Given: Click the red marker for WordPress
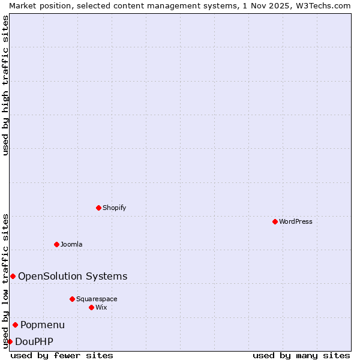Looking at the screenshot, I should (275, 221).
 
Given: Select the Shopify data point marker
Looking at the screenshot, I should (98, 208).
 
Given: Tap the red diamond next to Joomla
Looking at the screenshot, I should (56, 244).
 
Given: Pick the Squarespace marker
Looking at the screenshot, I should (72, 299).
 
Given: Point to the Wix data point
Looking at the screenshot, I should (91, 307).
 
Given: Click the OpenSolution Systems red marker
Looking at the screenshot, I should (13, 276).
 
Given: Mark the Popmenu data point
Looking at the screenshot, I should (15, 325).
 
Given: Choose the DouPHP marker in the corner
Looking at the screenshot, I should (10, 341).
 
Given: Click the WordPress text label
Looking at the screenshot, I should (296, 221).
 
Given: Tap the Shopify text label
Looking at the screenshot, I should (114, 208).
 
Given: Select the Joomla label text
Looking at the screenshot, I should (71, 244).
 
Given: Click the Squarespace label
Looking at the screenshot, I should (97, 299).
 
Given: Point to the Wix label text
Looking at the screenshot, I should (101, 307).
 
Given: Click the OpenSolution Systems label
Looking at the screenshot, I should (73, 276).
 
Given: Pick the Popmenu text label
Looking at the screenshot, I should (43, 325).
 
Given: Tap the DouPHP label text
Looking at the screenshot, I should (34, 341).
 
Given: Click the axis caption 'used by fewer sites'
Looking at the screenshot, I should (62, 355).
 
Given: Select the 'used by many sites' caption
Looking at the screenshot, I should (301, 355).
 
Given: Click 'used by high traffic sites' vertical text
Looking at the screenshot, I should (5, 85).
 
